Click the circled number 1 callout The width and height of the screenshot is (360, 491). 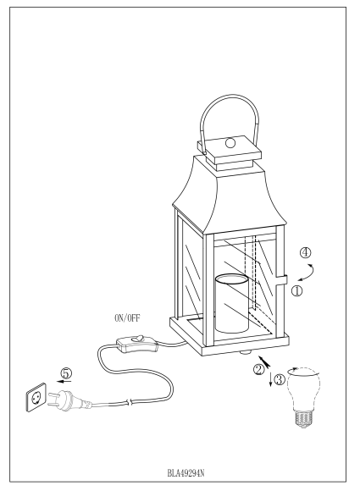click(x=297, y=291)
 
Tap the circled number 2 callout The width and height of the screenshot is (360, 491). click(x=258, y=369)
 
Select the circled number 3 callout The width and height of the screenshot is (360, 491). click(x=280, y=379)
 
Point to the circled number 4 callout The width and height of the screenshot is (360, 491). click(x=305, y=252)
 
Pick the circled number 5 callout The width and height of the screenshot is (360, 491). click(x=66, y=373)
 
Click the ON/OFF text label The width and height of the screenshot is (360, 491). click(x=127, y=318)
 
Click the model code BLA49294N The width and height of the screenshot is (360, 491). click(x=186, y=473)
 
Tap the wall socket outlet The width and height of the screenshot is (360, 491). click(x=36, y=397)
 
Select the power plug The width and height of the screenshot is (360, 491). click(x=69, y=400)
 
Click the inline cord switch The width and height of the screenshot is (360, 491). click(x=137, y=344)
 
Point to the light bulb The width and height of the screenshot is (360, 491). click(x=303, y=397)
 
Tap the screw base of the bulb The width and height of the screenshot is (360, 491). click(x=303, y=419)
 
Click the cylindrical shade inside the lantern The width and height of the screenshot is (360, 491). click(x=231, y=303)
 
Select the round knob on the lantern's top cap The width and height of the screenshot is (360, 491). click(x=230, y=142)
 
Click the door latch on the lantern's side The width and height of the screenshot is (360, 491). click(x=281, y=279)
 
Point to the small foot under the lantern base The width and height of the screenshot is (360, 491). click(x=246, y=353)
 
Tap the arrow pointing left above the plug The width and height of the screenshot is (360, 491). click(x=64, y=381)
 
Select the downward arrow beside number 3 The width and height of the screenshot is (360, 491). click(x=270, y=379)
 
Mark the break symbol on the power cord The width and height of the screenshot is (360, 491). click(x=130, y=402)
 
